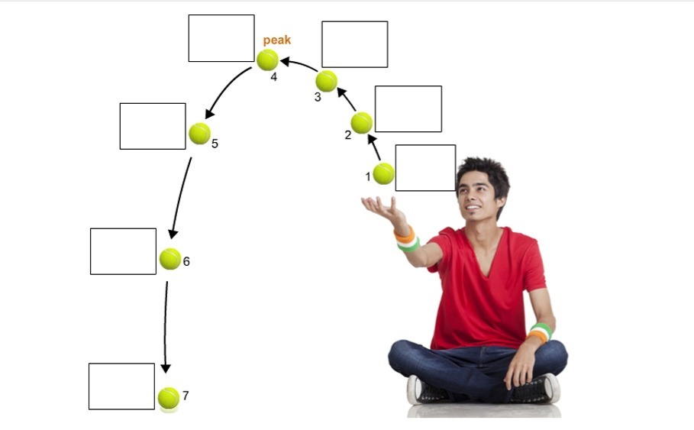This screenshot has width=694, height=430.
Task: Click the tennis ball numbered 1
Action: [x=383, y=173]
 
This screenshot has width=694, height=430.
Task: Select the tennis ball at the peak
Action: [x=268, y=60]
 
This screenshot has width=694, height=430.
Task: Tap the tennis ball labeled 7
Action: [x=169, y=398]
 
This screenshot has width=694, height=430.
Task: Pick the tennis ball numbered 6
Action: [x=170, y=259]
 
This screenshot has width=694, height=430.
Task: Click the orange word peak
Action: [x=277, y=40]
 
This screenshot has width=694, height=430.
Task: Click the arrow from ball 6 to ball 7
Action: [x=165, y=327]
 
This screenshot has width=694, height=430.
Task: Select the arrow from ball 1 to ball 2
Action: [x=374, y=147]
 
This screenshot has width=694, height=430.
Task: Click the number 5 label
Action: [x=215, y=144]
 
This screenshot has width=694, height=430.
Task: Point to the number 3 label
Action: [x=318, y=98]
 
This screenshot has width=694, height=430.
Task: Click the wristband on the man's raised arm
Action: [x=407, y=240]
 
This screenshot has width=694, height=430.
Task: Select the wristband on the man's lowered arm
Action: [x=540, y=332]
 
